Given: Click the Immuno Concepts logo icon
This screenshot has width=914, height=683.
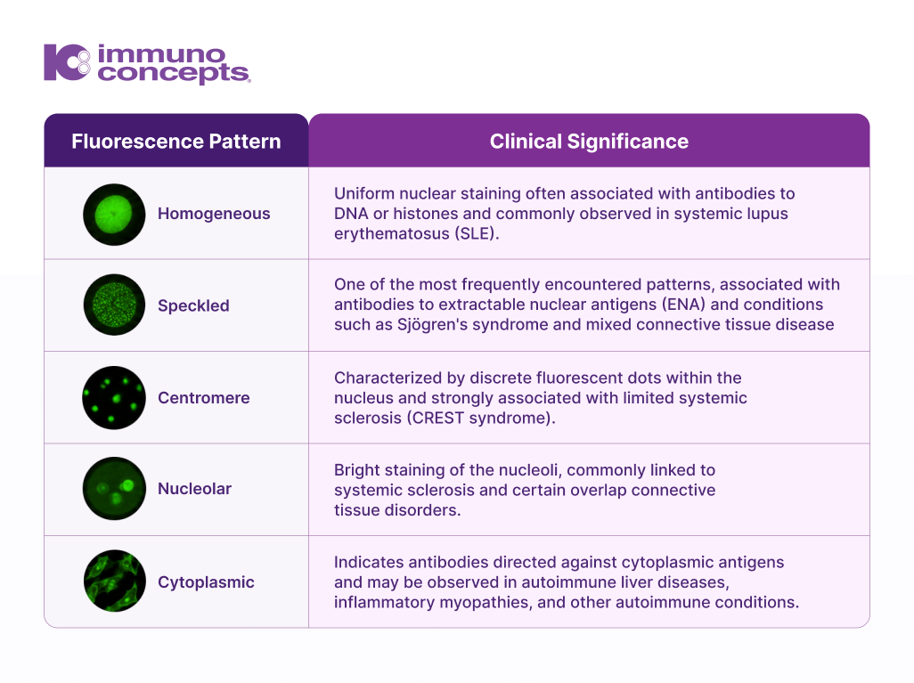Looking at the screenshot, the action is (x=67, y=62).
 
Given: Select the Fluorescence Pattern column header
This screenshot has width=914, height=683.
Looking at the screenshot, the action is (x=176, y=141).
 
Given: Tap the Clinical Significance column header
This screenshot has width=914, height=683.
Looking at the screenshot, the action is (x=589, y=141).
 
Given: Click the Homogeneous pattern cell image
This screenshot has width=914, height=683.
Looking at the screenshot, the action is (x=114, y=215).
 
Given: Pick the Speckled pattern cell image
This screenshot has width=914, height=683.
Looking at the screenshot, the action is (x=114, y=305).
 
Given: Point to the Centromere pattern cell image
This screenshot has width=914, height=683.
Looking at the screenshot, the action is (x=114, y=397).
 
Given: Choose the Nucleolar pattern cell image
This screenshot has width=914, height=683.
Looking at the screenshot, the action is (x=114, y=488).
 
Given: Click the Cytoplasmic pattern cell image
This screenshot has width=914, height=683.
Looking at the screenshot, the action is (x=114, y=581).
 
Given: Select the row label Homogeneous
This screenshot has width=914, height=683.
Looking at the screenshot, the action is (x=214, y=214).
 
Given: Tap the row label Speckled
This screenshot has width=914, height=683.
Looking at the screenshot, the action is (x=193, y=305).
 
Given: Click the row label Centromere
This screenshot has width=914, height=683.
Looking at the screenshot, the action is (x=203, y=397).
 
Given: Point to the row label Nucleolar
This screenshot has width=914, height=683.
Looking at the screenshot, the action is (x=195, y=488).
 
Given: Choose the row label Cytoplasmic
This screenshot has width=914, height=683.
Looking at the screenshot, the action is (x=206, y=582).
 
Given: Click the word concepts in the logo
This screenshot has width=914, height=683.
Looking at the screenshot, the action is (x=174, y=73).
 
